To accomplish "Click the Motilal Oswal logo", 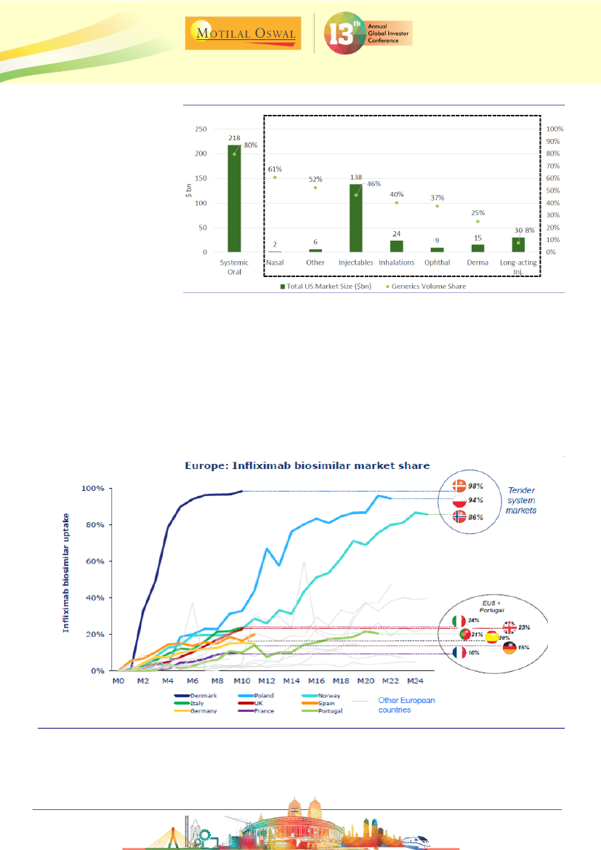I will [243, 32].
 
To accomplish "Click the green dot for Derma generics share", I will [477, 222].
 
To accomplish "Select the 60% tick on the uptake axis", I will [97, 561].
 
